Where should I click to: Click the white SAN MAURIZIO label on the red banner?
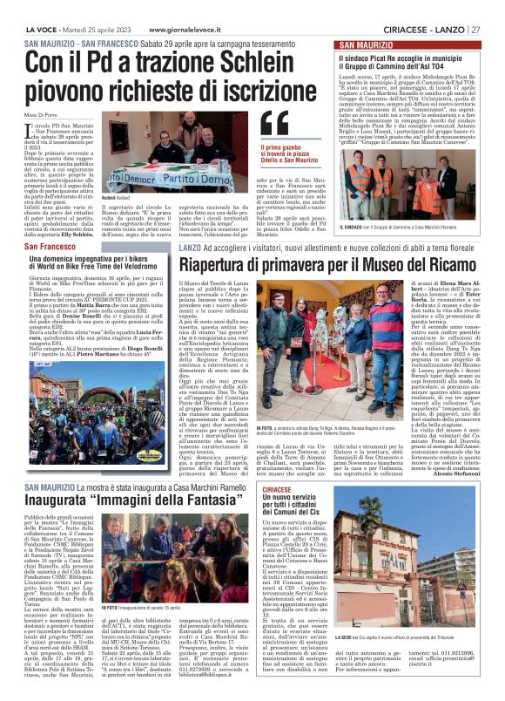click(367, 44)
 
